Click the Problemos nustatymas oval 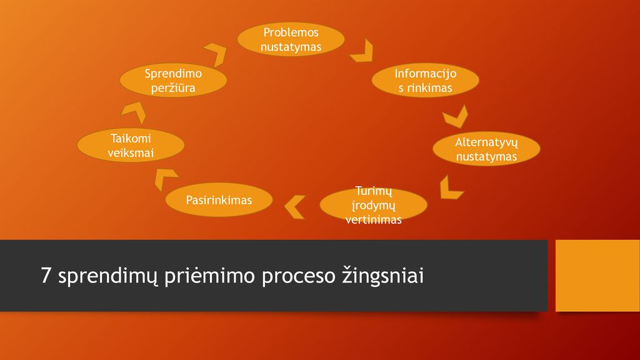tap(291, 39)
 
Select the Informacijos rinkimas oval tap(425, 80)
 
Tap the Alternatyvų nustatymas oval tap(486, 149)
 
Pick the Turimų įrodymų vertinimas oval tap(374, 205)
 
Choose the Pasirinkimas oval tap(219, 199)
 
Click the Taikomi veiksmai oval tap(131, 145)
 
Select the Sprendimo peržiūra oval tap(173, 80)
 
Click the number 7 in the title tap(46, 276)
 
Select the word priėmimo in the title tap(209, 276)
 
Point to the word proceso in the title tap(298, 277)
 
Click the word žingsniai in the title tap(383, 276)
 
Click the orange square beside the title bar tap(597, 276)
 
